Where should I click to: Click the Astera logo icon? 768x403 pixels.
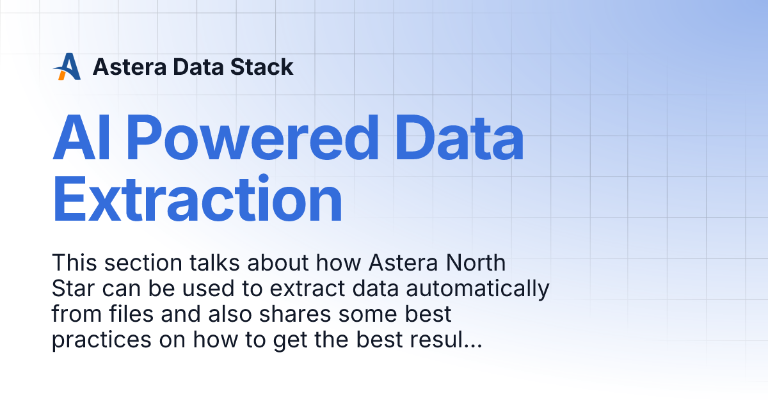[67, 67]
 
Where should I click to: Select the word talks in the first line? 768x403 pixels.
[207, 263]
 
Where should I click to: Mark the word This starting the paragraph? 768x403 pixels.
[72, 263]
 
